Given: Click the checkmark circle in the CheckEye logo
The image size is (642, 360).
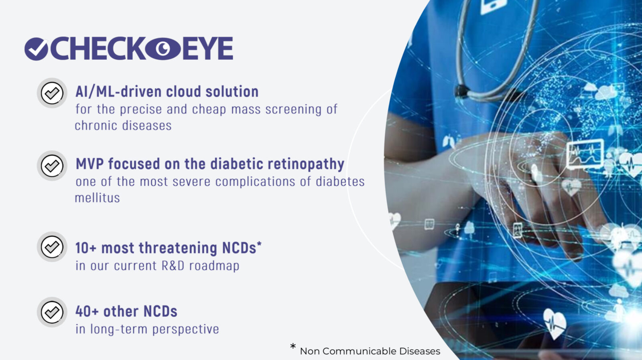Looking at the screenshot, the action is click(x=37, y=49).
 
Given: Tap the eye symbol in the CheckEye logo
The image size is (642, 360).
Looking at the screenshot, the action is click(x=163, y=49).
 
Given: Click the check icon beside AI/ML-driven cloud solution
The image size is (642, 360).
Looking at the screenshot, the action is click(x=52, y=93).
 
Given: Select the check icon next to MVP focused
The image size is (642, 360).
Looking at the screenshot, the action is click(x=52, y=166).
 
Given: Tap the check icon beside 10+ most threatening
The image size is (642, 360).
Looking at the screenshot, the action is click(x=52, y=247).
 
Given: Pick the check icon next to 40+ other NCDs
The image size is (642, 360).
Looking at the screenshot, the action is click(x=52, y=312).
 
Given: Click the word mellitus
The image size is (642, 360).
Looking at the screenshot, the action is click(x=98, y=198).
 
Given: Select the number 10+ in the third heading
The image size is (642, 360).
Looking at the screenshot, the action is click(x=86, y=248).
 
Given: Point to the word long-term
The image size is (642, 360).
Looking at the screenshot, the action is click(x=119, y=329).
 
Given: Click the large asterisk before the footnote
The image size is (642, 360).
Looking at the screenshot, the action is click(x=293, y=346).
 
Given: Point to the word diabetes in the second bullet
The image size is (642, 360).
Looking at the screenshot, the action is click(x=340, y=182).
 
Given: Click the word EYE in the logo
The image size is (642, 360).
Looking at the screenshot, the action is click(x=207, y=49).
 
